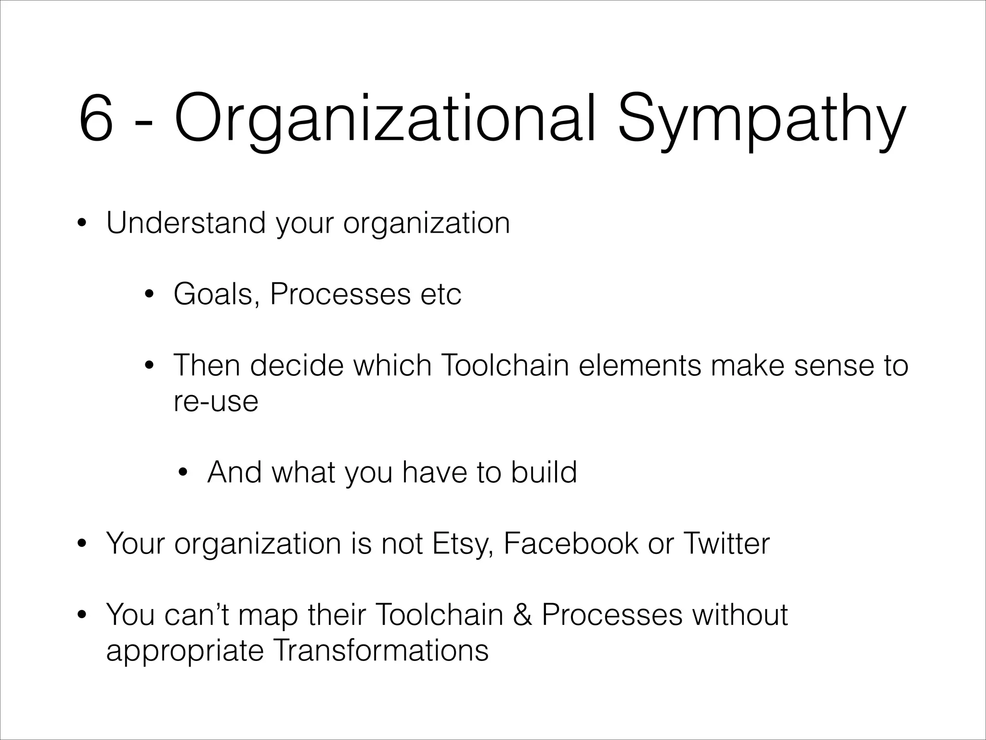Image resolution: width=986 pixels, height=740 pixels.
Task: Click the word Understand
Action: [186, 223]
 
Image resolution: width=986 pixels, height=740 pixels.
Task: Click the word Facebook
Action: [571, 543]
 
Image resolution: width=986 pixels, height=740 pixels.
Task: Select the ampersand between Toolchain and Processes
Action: [522, 615]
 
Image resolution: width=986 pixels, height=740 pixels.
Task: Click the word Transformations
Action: [380, 650]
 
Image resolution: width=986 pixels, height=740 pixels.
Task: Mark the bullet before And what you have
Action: [183, 473]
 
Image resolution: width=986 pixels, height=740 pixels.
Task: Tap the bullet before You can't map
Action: [82, 615]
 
